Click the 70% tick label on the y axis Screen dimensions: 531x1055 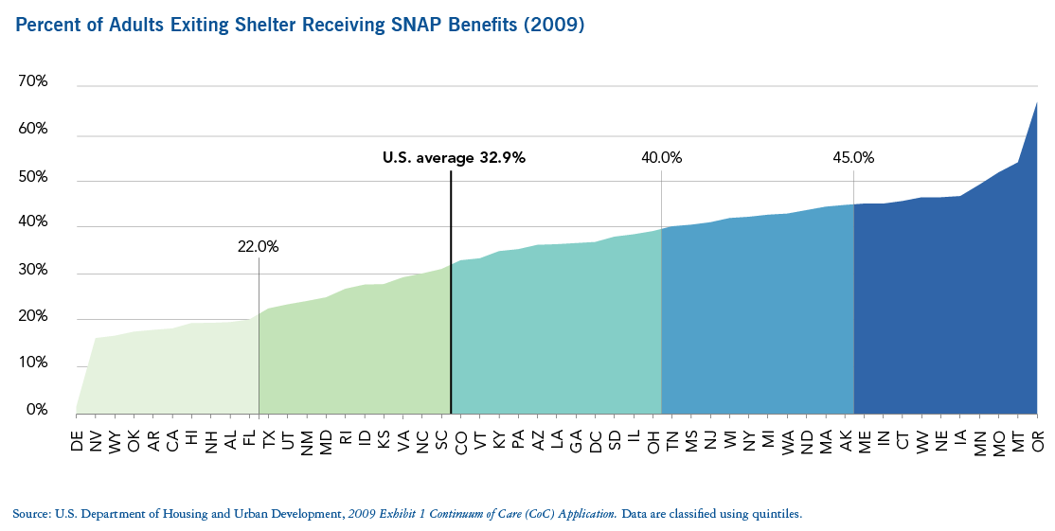[33, 82]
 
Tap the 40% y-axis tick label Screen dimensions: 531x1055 [33, 223]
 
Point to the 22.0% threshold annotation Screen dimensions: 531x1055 [258, 247]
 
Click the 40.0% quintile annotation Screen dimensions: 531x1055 [661, 158]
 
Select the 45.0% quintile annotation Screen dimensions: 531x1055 [853, 158]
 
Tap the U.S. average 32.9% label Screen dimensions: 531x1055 [453, 158]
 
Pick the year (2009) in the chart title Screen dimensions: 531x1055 [554, 26]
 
